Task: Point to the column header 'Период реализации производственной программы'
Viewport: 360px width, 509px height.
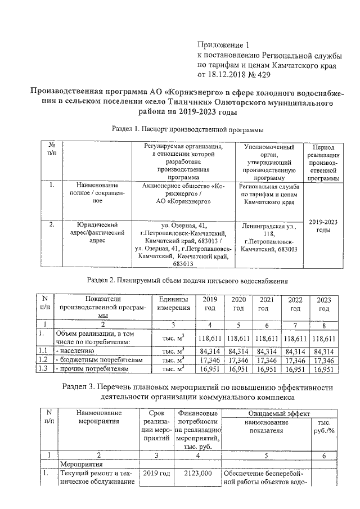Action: click(323, 162)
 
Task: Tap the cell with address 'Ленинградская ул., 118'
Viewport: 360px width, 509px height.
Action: click(268, 236)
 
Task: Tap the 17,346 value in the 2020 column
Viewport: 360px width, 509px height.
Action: click(238, 360)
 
